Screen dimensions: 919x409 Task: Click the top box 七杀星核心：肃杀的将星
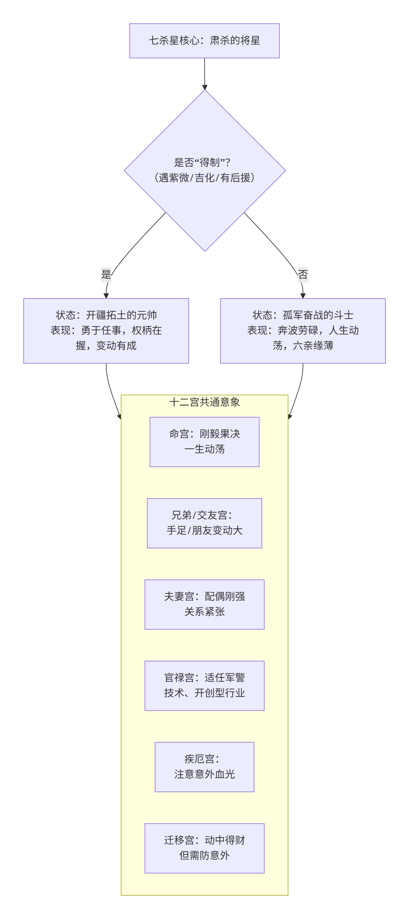click(204, 41)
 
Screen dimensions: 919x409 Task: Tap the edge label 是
click(106, 274)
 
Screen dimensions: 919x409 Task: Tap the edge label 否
click(303, 274)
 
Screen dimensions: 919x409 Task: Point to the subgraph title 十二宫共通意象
click(204, 402)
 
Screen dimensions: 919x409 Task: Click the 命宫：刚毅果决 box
click(204, 442)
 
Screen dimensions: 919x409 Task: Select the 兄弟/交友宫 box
click(204, 523)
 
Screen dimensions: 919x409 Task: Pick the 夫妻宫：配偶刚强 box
click(204, 604)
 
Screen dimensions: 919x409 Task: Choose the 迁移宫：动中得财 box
click(204, 848)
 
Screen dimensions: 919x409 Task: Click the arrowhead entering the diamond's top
click(205, 87)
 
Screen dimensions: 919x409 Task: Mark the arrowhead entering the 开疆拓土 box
click(106, 296)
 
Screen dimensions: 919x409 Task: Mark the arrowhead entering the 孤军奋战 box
click(303, 296)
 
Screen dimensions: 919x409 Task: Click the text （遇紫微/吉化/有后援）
click(204, 178)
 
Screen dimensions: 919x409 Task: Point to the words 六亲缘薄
click(313, 346)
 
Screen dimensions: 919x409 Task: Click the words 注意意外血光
click(204, 774)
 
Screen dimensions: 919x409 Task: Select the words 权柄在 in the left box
click(147, 330)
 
